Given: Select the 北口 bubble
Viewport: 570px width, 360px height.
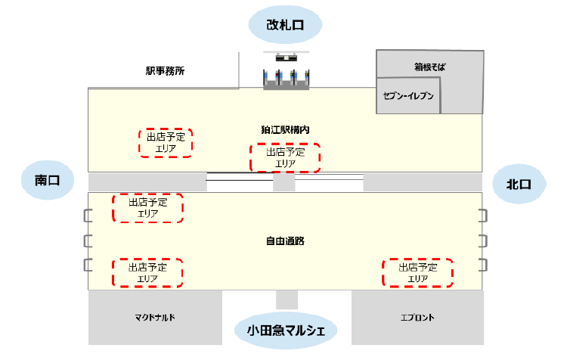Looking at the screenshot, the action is click(519, 184).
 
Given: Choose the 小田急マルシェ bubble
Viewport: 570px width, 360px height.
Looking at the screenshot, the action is click(285, 330).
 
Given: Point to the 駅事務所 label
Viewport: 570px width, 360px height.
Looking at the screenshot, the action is click(165, 71).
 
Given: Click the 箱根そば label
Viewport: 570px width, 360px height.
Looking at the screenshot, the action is click(430, 67).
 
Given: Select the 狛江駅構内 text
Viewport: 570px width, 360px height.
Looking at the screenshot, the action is click(286, 129).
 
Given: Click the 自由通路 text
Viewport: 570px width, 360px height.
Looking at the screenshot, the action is click(285, 241).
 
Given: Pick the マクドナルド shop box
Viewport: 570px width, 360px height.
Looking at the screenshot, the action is click(155, 318).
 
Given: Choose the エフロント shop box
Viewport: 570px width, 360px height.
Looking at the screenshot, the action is click(417, 318).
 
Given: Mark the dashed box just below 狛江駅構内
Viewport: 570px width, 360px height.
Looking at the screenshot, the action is click(285, 157).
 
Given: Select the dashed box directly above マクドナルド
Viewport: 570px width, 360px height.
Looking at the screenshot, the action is click(147, 272).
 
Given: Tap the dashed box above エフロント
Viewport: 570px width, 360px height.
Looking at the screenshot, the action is click(418, 272).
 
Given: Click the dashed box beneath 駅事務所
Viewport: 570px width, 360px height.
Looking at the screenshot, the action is click(166, 142).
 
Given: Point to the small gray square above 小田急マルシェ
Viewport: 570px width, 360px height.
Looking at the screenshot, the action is click(287, 299).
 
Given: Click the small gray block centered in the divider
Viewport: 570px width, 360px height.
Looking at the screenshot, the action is click(283, 182).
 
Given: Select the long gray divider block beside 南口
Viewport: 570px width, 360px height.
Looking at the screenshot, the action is click(147, 182).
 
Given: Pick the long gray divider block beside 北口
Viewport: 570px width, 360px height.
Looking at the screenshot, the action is click(422, 182).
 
